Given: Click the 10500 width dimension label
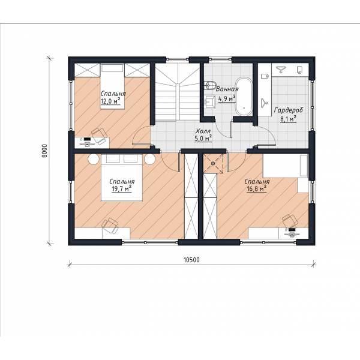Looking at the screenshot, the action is coord(192,260).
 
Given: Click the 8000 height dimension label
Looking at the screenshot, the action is coord(44,151).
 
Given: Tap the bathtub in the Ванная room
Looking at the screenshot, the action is coord(244,97).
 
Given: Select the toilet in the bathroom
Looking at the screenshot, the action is coord(211,85).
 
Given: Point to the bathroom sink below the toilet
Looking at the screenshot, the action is coord(210,102).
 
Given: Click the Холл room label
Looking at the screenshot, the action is coord(203,131).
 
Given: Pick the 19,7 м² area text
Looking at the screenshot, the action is coord(121,189).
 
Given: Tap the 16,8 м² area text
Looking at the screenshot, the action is coord(256,189).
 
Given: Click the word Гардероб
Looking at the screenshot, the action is coord(289,110).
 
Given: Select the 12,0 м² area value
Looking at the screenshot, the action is coord(110,101).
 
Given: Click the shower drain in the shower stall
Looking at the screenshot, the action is coord(213,163).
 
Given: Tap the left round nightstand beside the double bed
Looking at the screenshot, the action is coord(94,160).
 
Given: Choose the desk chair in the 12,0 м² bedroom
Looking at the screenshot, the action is coord(99,136).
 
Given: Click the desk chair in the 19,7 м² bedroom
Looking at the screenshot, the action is coord(110,226).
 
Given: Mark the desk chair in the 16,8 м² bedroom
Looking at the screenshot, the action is coord(290,221).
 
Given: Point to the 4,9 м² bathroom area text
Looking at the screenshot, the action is coord(227,99).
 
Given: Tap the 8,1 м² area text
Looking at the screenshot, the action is coord(288,119).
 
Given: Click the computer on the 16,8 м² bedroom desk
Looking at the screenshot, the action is coord(292,232).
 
